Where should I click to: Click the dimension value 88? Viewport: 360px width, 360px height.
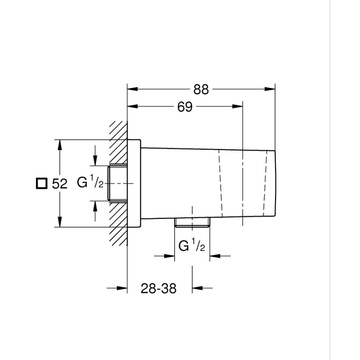click(x=201, y=89)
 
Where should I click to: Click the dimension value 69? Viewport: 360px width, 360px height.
click(x=185, y=107)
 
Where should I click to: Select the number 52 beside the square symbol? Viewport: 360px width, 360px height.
click(x=59, y=184)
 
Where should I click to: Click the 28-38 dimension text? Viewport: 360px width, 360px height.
click(x=158, y=288)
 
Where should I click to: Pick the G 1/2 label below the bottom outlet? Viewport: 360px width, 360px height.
click(x=192, y=246)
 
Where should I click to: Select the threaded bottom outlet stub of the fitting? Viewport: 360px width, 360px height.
click(x=192, y=223)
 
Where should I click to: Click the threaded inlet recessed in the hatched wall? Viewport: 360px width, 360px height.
click(x=117, y=183)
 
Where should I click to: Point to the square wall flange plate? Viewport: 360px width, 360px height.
click(x=134, y=183)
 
